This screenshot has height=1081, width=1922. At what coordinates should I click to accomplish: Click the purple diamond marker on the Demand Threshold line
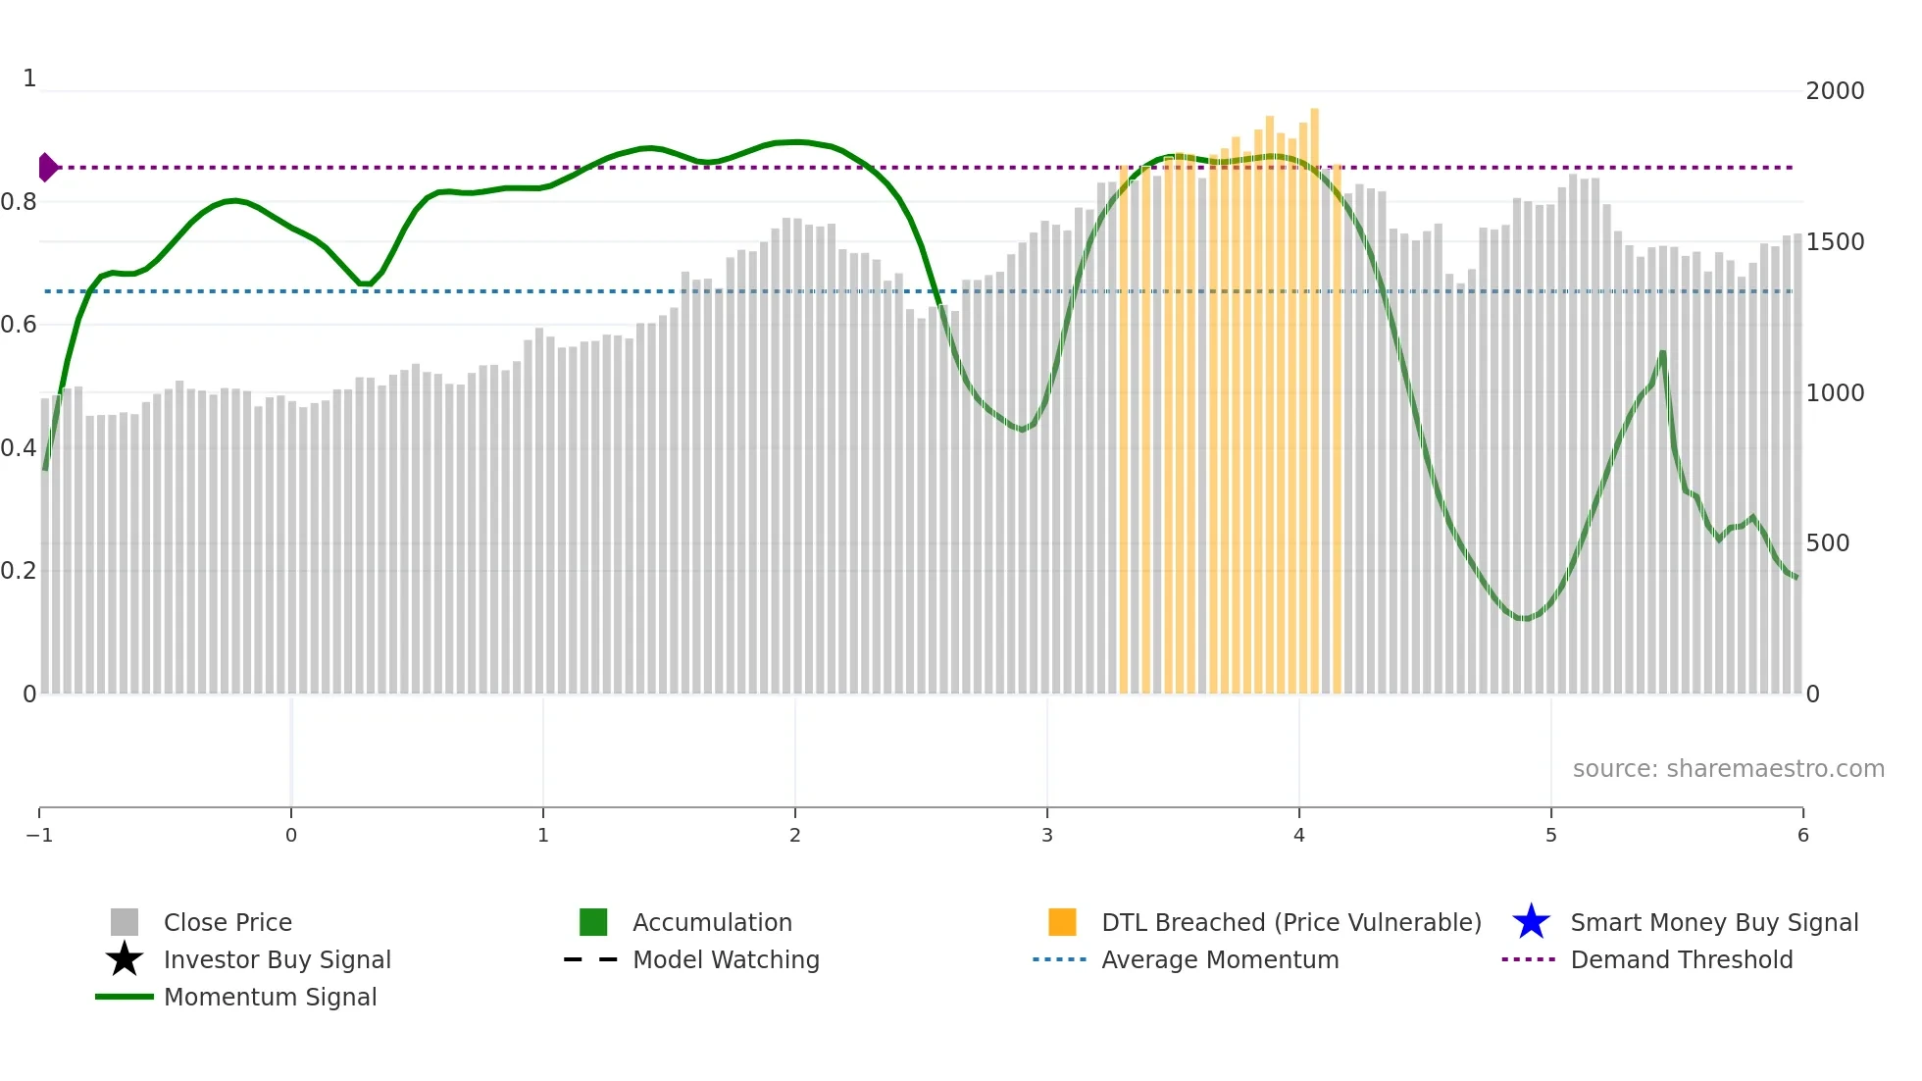pyautogui.click(x=47, y=168)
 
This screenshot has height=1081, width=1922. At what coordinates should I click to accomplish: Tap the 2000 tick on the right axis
pyautogui.click(x=1835, y=91)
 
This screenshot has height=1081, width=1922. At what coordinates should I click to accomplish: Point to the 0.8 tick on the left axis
pyautogui.click(x=19, y=202)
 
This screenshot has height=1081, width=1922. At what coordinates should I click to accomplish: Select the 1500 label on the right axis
pyautogui.click(x=1835, y=242)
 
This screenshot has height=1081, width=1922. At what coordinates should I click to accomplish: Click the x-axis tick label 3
pyautogui.click(x=1047, y=836)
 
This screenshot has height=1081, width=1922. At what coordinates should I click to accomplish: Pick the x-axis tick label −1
pyautogui.click(x=39, y=836)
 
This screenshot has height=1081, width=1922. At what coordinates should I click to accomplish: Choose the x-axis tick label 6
pyautogui.click(x=1802, y=836)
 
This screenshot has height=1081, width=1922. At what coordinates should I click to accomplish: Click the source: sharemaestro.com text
pyautogui.click(x=1728, y=769)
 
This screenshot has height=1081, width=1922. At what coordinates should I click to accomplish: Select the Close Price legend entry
pyautogui.click(x=228, y=923)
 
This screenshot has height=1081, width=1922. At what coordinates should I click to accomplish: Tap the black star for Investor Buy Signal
pyautogui.click(x=125, y=959)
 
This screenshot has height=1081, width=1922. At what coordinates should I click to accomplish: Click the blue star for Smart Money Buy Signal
pyautogui.click(x=1531, y=922)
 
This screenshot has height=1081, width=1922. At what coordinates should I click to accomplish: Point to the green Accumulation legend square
pyautogui.click(x=593, y=922)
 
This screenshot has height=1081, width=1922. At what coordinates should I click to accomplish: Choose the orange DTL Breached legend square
pyautogui.click(x=1062, y=922)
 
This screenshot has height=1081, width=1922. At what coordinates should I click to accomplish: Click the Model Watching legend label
pyautogui.click(x=726, y=960)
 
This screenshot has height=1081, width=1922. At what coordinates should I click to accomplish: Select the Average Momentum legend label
pyautogui.click(x=1220, y=960)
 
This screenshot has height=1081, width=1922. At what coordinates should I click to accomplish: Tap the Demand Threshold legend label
pyautogui.click(x=1681, y=960)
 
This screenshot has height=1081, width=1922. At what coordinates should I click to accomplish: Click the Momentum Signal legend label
pyautogui.click(x=270, y=998)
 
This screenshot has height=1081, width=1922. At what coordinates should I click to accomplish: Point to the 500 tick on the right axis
pyautogui.click(x=1827, y=543)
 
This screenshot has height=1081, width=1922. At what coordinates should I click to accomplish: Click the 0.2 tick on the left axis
pyautogui.click(x=19, y=571)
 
